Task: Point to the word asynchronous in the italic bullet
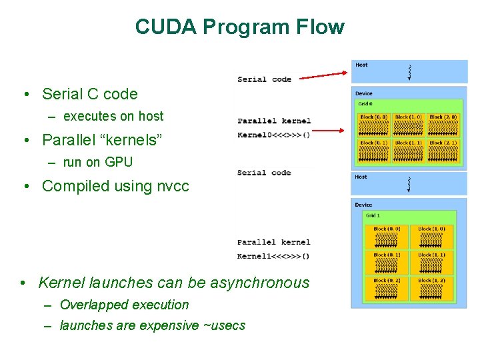pyautogui.click(x=259, y=283)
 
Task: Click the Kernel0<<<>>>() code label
pyautogui.click(x=273, y=135)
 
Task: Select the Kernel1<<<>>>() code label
pyautogui.click(x=273, y=256)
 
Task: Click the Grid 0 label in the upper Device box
pyautogui.click(x=365, y=104)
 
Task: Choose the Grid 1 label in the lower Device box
pyautogui.click(x=372, y=215)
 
